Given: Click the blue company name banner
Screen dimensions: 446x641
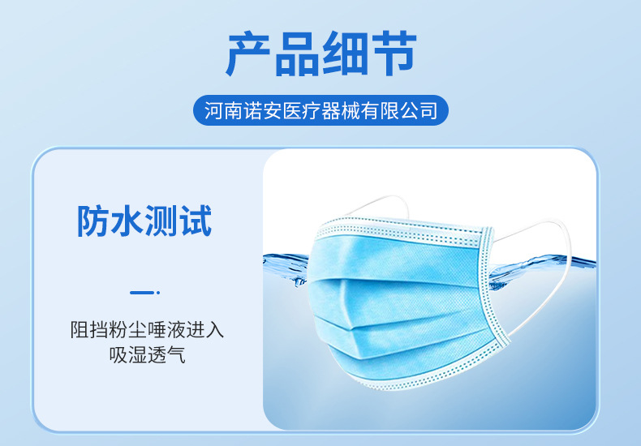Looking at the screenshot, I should [x=320, y=109].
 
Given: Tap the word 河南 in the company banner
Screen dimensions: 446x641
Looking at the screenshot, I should [x=222, y=109].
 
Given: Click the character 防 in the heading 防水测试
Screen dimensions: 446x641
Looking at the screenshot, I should [x=93, y=221].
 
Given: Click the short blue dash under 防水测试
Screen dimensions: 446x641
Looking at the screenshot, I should [x=144, y=292].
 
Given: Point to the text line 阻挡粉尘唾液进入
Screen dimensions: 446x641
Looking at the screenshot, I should [x=146, y=331].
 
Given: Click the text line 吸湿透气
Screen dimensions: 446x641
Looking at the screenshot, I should [x=146, y=354].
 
